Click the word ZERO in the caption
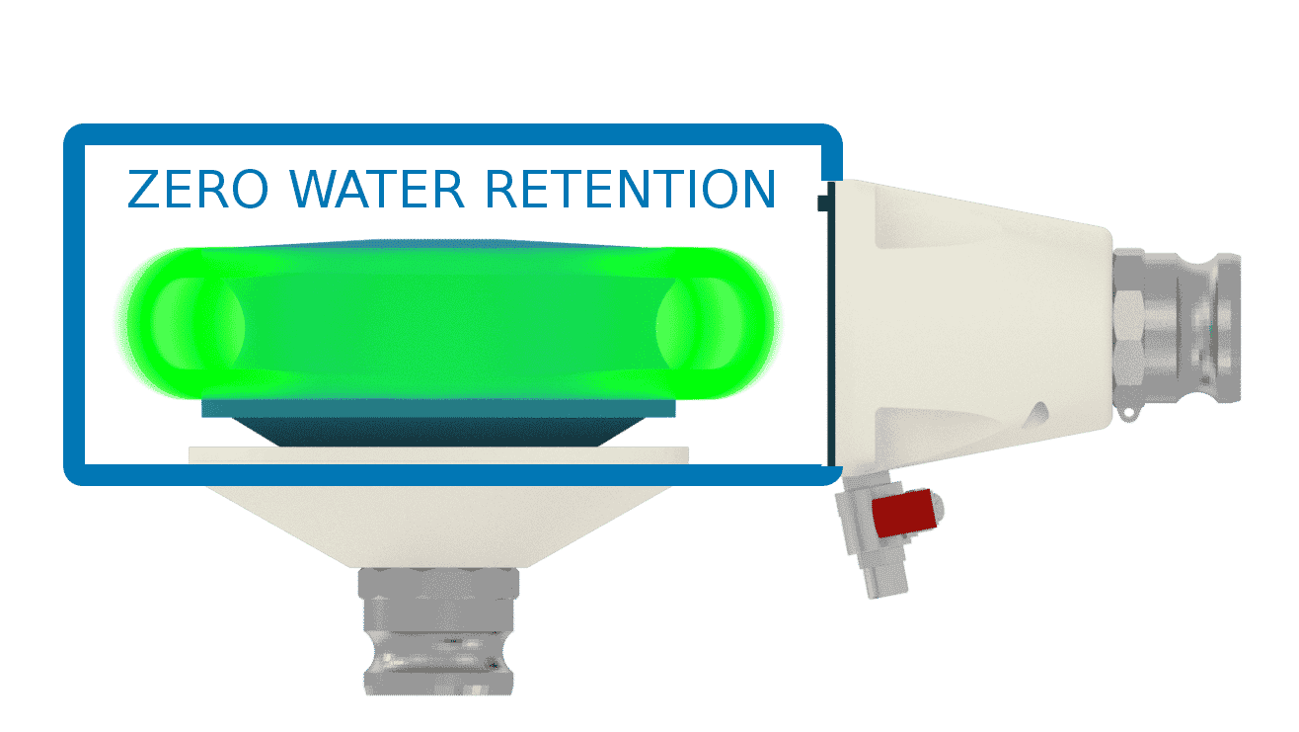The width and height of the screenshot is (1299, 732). (197, 189)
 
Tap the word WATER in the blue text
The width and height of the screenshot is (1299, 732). (379, 189)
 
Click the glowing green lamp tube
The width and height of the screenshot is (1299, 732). (449, 323)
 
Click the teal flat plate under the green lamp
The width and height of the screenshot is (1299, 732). (438, 409)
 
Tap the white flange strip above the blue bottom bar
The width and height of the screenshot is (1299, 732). (438, 454)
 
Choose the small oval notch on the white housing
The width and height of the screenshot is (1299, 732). (1036, 410)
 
